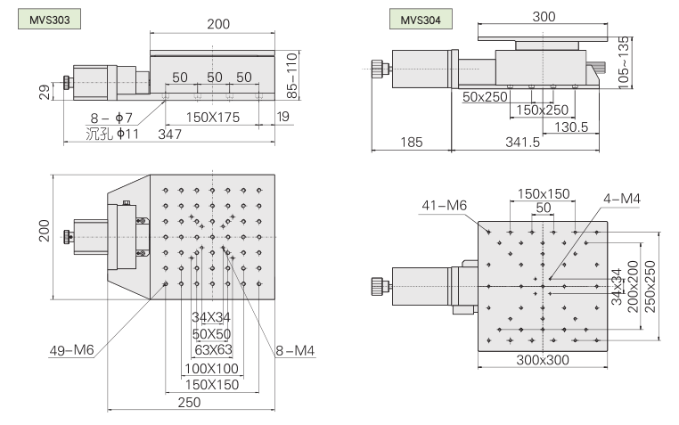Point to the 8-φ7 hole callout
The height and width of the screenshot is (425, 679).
[112, 117]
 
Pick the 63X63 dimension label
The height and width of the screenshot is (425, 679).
[211, 348]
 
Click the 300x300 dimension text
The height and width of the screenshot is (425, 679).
[543, 361]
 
